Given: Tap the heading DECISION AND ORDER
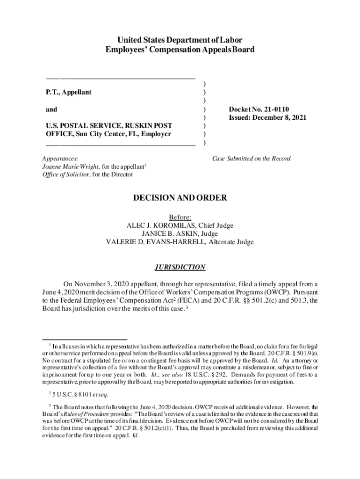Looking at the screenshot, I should [x=180, y=198].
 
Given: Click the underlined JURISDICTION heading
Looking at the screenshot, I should [x=180, y=268].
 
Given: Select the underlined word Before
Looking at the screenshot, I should [x=180, y=217].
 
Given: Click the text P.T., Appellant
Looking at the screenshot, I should [x=68, y=93].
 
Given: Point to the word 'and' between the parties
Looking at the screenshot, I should [x=51, y=109].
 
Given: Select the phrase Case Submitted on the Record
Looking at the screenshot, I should [x=251, y=159].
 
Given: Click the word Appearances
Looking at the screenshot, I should [x=60, y=159].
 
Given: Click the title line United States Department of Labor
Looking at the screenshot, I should [x=180, y=40].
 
